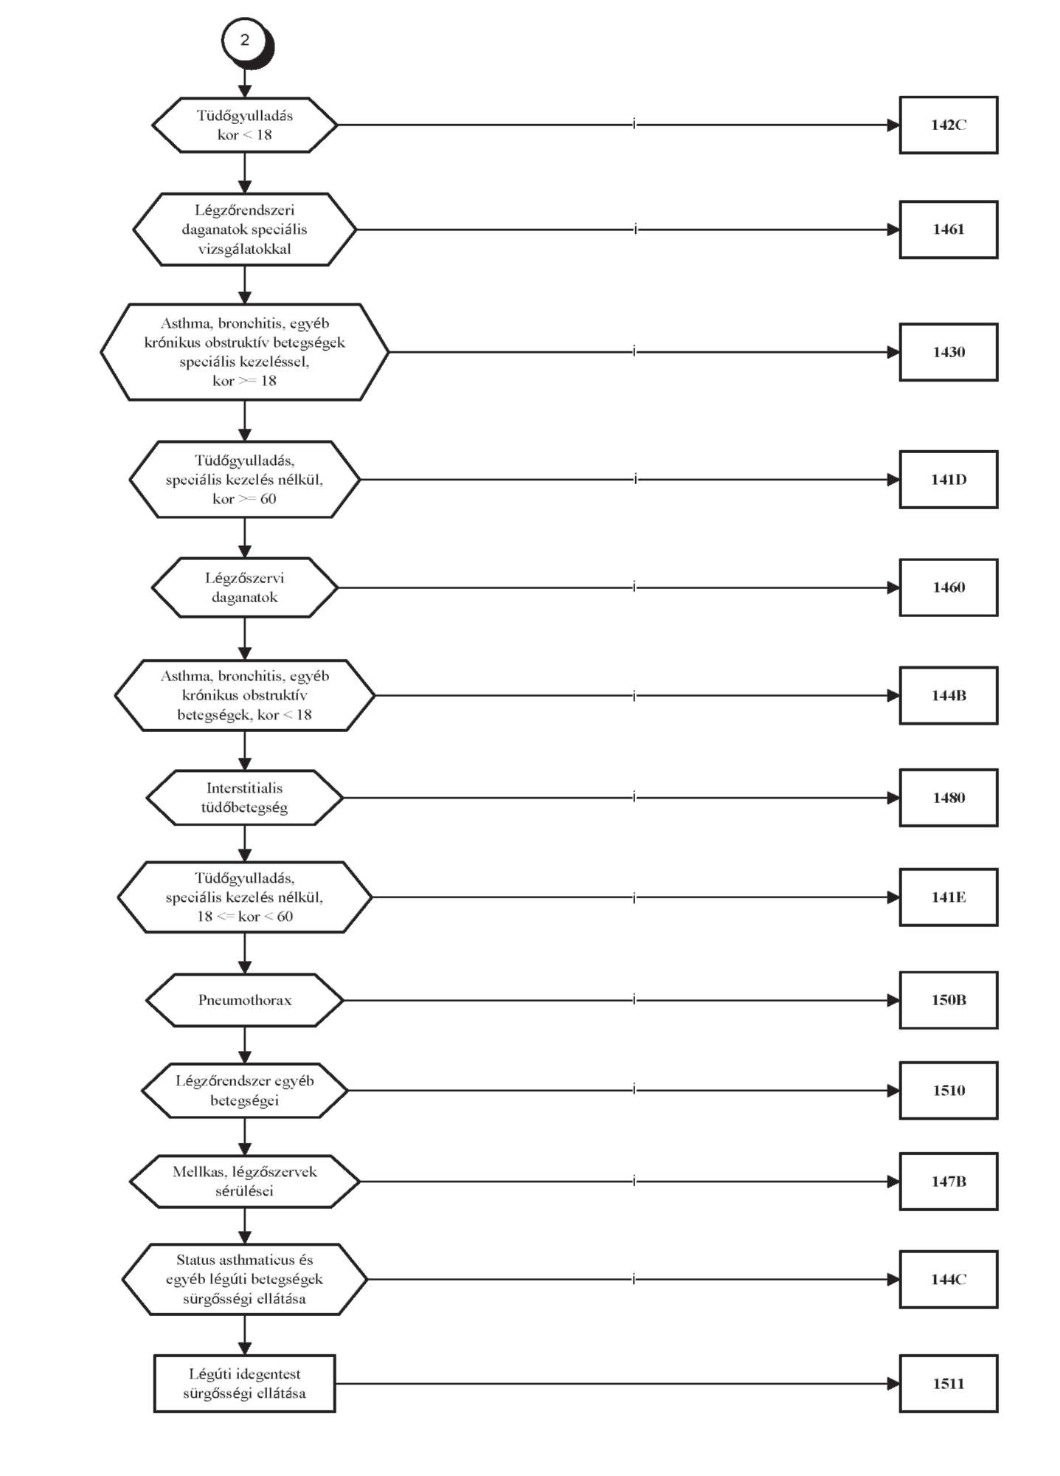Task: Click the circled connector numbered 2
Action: [x=246, y=41]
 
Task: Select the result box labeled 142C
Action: [x=948, y=125]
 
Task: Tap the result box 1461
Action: [x=948, y=230]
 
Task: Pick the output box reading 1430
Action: [x=948, y=352]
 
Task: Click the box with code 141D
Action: [x=948, y=480]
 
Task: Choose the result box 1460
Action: [x=948, y=587]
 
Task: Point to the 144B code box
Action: [x=948, y=695]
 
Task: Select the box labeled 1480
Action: [x=948, y=798]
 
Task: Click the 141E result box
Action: [x=948, y=897]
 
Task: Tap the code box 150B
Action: [x=948, y=1000]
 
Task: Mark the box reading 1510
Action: [x=948, y=1091]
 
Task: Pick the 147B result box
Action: [x=948, y=1182]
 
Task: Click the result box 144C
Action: [x=948, y=1280]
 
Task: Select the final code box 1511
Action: [x=948, y=1384]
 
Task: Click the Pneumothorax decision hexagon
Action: [x=245, y=1000]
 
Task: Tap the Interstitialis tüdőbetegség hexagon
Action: [x=245, y=798]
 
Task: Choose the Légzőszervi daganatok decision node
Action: [x=245, y=587]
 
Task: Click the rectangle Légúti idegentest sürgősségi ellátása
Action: [x=245, y=1384]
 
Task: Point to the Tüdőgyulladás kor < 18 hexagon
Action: [x=245, y=125]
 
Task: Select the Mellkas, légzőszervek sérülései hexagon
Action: [x=245, y=1182]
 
